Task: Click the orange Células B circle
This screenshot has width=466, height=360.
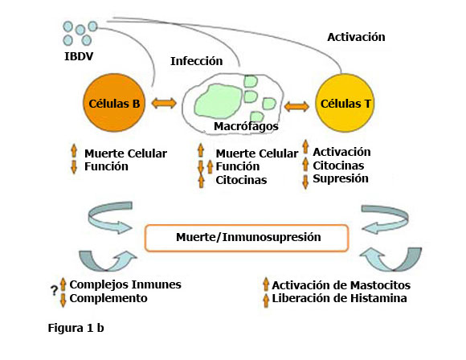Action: (x=115, y=104)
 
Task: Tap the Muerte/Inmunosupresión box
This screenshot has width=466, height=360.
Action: (x=247, y=238)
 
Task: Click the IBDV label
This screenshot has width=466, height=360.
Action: (x=79, y=57)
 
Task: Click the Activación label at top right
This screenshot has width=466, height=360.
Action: (x=357, y=37)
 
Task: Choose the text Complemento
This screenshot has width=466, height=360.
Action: (x=108, y=298)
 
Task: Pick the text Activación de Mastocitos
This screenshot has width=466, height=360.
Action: (x=341, y=285)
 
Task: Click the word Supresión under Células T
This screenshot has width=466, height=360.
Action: (x=341, y=178)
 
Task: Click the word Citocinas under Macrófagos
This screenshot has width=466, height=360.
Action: (x=242, y=179)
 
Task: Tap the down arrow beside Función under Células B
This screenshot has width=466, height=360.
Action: (x=73, y=166)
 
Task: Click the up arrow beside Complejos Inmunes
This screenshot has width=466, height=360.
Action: (x=63, y=284)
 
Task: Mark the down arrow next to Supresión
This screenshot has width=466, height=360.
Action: (x=305, y=179)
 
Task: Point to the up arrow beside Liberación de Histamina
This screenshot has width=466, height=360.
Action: (x=265, y=299)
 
